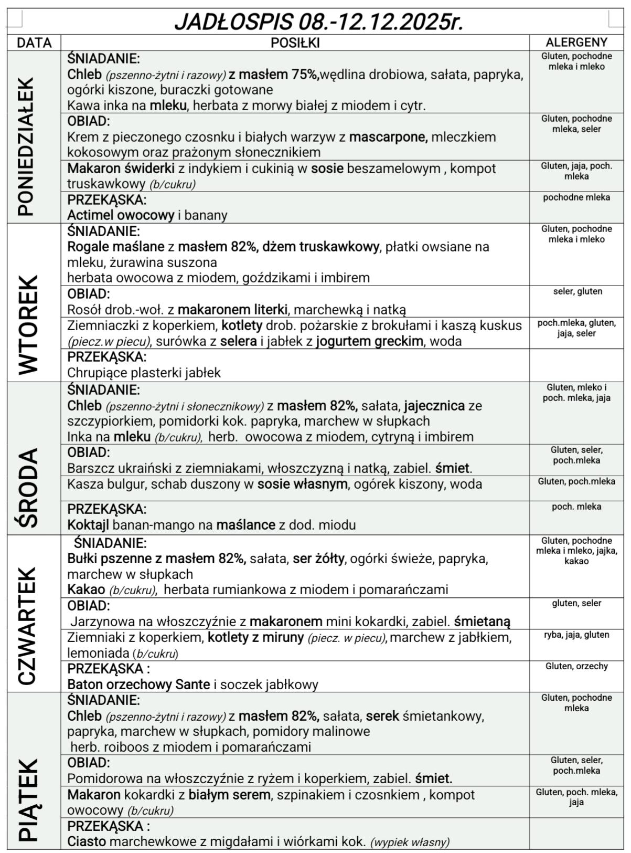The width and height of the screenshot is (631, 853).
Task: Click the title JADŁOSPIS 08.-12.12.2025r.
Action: [x=318, y=22]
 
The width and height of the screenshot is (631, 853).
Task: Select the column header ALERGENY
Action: [x=576, y=43]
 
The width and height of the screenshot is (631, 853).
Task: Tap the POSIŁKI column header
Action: [x=295, y=43]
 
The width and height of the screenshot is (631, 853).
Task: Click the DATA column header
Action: [x=34, y=43]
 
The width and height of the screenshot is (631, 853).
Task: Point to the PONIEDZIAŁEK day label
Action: [x=26, y=146]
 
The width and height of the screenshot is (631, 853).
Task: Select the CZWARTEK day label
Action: [x=27, y=626]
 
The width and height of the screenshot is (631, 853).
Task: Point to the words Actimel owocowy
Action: [x=121, y=215]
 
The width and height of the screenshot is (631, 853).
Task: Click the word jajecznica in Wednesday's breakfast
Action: [x=434, y=406]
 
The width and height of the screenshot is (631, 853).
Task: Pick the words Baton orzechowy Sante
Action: [x=138, y=684]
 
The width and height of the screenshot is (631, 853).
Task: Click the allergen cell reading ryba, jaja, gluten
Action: [x=576, y=635]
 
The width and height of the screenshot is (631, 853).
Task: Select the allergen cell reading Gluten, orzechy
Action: [x=576, y=666]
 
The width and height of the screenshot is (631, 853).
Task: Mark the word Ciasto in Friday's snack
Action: [x=87, y=841]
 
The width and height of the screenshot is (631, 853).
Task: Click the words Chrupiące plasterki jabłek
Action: [x=144, y=373]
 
